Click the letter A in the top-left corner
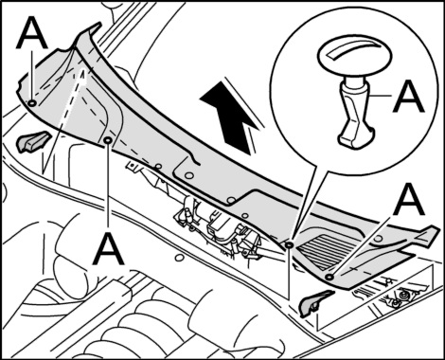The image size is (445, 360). click(31, 33)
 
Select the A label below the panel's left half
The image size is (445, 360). click(108, 249)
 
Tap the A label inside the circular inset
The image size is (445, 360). click(408, 96)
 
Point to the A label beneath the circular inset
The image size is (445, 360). click(408, 200)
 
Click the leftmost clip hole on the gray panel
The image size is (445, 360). click(32, 103)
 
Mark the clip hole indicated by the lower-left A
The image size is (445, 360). click(108, 140)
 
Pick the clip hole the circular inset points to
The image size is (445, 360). click(289, 244)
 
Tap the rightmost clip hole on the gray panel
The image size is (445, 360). click(329, 277)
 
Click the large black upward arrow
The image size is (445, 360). click(231, 117)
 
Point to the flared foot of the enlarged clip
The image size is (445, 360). click(356, 135)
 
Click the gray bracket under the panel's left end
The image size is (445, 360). click(33, 141)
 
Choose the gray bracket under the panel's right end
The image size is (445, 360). click(315, 303)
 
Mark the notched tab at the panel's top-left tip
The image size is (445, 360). click(89, 32)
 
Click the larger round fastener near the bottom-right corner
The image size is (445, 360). click(404, 296)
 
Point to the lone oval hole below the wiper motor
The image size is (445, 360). click(179, 258)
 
